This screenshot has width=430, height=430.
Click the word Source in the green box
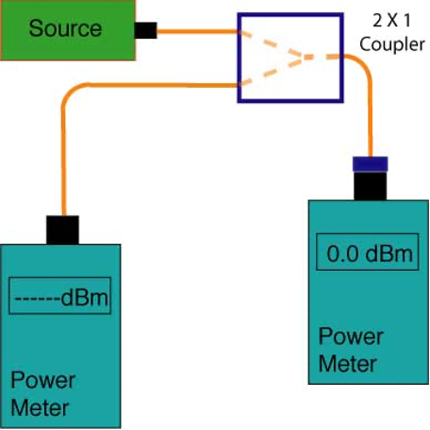(65, 28)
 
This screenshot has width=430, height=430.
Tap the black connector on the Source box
(145, 30)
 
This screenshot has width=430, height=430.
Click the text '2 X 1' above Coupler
(392, 21)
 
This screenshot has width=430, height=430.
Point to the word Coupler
(392, 44)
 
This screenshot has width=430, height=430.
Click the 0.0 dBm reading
(370, 254)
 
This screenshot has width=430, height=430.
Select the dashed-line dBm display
(61, 297)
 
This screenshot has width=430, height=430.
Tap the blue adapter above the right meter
(370, 164)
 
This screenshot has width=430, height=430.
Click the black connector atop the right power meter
(370, 186)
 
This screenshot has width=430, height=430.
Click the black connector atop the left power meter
(62, 230)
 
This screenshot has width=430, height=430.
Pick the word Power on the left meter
(43, 380)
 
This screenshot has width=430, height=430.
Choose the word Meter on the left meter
(40, 407)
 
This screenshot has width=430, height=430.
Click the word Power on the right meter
(351, 337)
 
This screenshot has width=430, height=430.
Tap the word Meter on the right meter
(348, 364)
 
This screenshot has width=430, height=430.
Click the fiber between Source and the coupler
(197, 31)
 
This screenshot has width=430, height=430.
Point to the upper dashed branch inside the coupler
(271, 43)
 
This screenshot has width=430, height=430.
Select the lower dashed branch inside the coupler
(271, 72)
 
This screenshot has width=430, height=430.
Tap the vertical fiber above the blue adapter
(370, 120)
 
